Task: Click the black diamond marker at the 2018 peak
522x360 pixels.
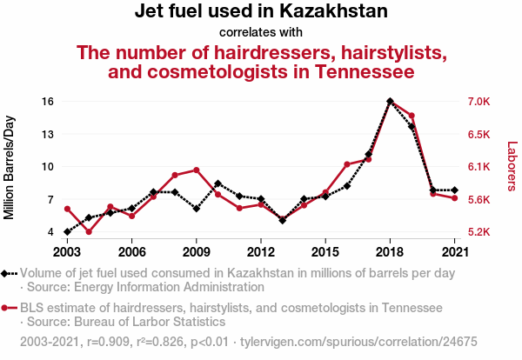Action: click(390, 102)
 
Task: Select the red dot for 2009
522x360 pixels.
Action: click(197, 170)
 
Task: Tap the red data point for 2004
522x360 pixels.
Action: click(89, 232)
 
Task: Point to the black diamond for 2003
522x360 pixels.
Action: click(67, 232)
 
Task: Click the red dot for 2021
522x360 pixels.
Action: click(454, 198)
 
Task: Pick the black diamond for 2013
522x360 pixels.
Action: click(282, 220)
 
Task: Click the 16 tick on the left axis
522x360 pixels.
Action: click(48, 102)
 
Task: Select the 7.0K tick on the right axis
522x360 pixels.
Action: click(480, 102)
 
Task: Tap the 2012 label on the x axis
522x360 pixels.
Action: click(260, 252)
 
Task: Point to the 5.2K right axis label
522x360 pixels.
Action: click(480, 232)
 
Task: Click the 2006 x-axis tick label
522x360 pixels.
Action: click(131, 252)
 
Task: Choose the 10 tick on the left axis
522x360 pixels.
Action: click(48, 167)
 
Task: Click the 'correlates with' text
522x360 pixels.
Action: click(261, 33)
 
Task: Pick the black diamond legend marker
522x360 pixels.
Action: click(7, 273)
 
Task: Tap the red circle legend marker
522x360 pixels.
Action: click(7, 308)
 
